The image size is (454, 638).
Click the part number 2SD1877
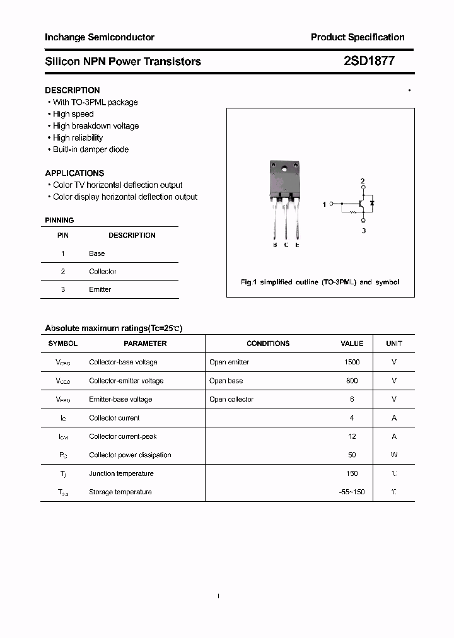(369, 61)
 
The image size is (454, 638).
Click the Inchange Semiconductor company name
(100, 37)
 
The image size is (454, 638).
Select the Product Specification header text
(358, 37)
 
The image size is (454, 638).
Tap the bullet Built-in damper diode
(90, 149)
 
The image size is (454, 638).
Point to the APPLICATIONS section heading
(74, 173)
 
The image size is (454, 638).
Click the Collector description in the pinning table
(103, 271)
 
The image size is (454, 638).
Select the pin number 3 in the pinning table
(63, 289)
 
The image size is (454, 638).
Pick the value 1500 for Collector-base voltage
(352, 362)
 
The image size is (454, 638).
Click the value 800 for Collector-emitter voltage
(352, 381)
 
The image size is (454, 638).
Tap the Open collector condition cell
(231, 399)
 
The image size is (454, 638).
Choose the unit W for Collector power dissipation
(394, 455)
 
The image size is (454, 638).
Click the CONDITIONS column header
(268, 344)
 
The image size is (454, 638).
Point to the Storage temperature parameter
(120, 492)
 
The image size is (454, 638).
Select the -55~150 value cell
(352, 492)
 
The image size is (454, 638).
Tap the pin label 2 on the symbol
(363, 182)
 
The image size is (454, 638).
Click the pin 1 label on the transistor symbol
(324, 204)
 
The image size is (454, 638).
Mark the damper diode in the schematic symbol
(373, 203)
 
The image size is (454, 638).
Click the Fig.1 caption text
(320, 282)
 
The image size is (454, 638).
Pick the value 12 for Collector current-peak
(352, 436)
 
